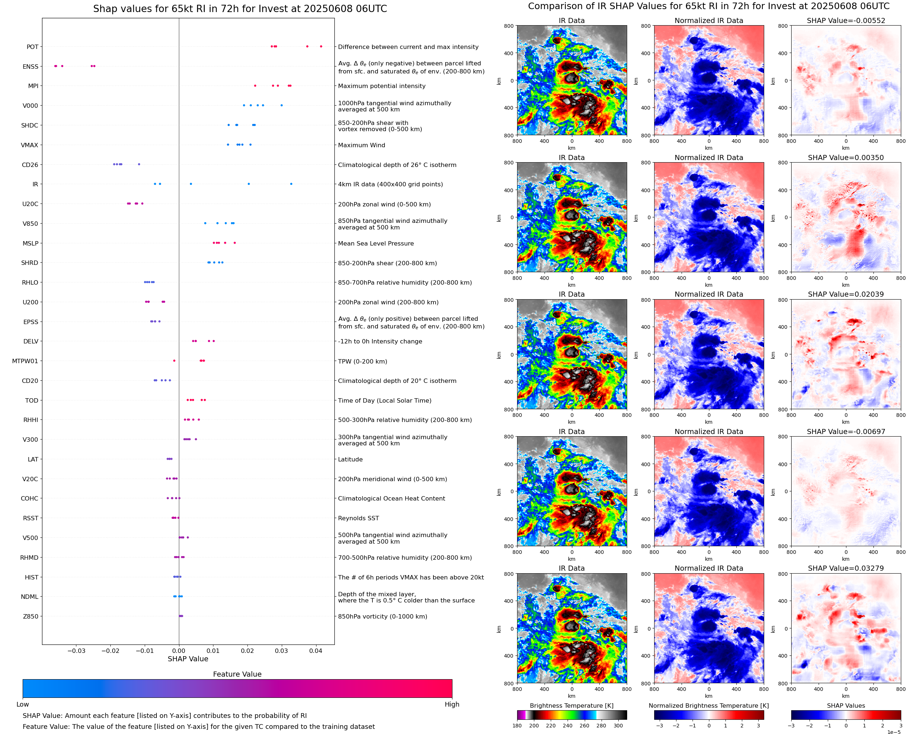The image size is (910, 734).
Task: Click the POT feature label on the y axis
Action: point(33,47)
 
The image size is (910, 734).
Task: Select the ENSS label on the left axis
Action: point(30,66)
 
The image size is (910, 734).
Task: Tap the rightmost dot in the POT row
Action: point(321,46)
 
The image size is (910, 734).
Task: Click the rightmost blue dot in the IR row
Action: point(291,184)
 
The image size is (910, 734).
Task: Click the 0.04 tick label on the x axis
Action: point(315,651)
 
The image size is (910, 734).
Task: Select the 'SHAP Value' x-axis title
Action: point(188,659)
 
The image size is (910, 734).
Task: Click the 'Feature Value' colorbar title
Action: point(237,674)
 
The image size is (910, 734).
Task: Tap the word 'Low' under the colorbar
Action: point(22,704)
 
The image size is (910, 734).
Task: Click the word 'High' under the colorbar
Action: point(452,704)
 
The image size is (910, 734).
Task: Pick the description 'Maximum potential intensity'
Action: point(382,86)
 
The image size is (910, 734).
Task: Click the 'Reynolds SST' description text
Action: point(358,518)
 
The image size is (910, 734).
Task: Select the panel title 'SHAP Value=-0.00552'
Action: point(846,20)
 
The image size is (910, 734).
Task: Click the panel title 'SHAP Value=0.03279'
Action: point(846,568)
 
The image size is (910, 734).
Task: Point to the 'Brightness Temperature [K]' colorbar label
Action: point(571,706)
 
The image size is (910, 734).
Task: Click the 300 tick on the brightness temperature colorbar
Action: point(618,726)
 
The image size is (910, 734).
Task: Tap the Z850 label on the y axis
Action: point(30,616)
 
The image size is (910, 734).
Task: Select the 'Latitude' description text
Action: point(350,459)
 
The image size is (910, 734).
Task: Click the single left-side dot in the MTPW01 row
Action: point(174,361)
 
